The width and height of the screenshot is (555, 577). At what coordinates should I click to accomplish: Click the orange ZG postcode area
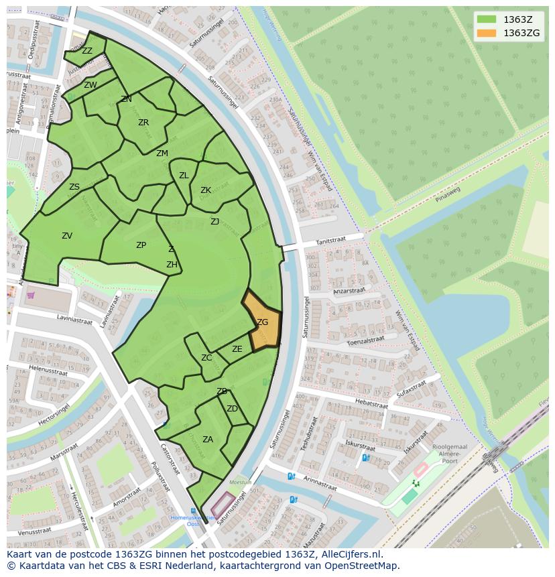click(261, 322)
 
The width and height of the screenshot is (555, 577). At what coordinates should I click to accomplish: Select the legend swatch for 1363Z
click(487, 20)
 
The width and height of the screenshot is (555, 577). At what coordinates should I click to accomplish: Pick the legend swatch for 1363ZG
click(487, 34)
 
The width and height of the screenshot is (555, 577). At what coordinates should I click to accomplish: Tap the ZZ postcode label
click(87, 51)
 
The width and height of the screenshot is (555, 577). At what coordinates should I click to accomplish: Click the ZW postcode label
click(90, 85)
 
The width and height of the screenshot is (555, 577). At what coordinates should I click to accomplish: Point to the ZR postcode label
click(143, 123)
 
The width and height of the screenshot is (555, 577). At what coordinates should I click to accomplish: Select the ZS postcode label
click(74, 187)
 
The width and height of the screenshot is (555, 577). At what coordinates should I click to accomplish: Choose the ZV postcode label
click(67, 236)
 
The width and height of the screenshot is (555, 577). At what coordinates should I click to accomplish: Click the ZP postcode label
click(141, 245)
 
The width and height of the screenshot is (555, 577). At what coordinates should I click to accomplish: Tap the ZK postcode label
click(206, 190)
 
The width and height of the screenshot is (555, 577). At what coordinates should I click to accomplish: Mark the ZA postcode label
click(208, 440)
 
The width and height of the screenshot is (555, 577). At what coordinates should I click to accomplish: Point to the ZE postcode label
click(237, 349)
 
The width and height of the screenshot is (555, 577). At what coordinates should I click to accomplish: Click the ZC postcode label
click(206, 358)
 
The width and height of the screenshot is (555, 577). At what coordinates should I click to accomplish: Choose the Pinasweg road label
click(448, 194)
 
